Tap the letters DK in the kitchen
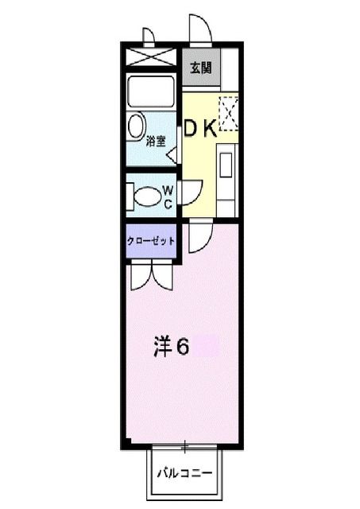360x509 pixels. click(x=201, y=130)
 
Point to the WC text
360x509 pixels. click(x=168, y=196)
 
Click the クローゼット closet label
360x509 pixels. click(x=151, y=241)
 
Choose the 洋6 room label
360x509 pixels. click(x=171, y=347)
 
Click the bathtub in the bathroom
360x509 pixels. click(x=150, y=93)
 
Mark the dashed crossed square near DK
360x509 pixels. click(x=228, y=111)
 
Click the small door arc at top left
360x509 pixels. click(x=148, y=37)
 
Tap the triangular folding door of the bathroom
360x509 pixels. click(x=172, y=155)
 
